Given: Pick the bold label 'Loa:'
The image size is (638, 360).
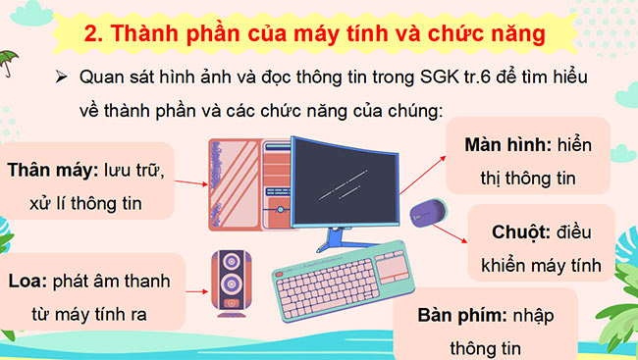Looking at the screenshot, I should (26, 282).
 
